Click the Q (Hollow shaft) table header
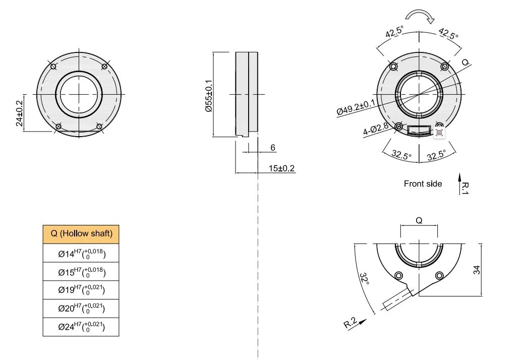(x=81, y=233)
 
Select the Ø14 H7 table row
(x=81, y=253)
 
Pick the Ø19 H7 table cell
(x=81, y=290)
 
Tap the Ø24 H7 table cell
(x=81, y=327)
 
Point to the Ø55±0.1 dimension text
(x=208, y=96)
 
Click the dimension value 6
(x=273, y=148)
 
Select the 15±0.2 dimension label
(x=282, y=168)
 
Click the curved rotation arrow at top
(x=420, y=17)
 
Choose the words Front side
(x=423, y=184)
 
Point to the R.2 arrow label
(x=351, y=323)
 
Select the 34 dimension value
(x=477, y=270)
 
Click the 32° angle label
(x=364, y=280)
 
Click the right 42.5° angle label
(x=448, y=33)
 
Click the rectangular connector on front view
(x=420, y=131)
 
